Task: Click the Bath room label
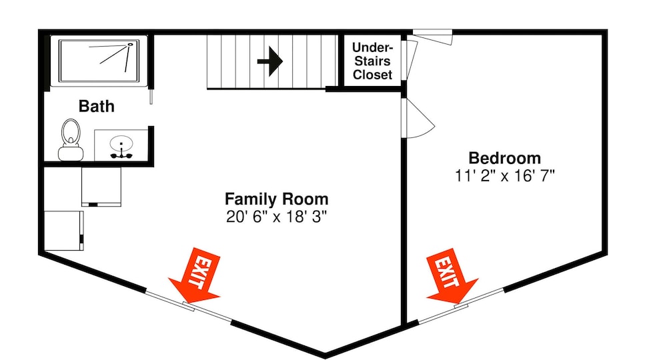(97, 106)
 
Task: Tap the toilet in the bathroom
(71, 139)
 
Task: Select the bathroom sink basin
(121, 143)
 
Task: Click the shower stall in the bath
(99, 61)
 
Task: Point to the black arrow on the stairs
(270, 61)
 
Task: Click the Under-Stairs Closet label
(372, 61)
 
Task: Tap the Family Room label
(277, 199)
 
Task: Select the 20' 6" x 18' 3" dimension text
(277, 217)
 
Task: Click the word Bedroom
(505, 158)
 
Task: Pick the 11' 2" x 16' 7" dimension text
(505, 175)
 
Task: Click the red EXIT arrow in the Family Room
(197, 276)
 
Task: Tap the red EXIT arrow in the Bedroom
(451, 277)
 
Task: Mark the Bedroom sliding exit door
(461, 305)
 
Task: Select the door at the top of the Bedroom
(432, 37)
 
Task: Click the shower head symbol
(130, 44)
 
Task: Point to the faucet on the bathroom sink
(121, 154)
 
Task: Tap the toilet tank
(71, 153)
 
